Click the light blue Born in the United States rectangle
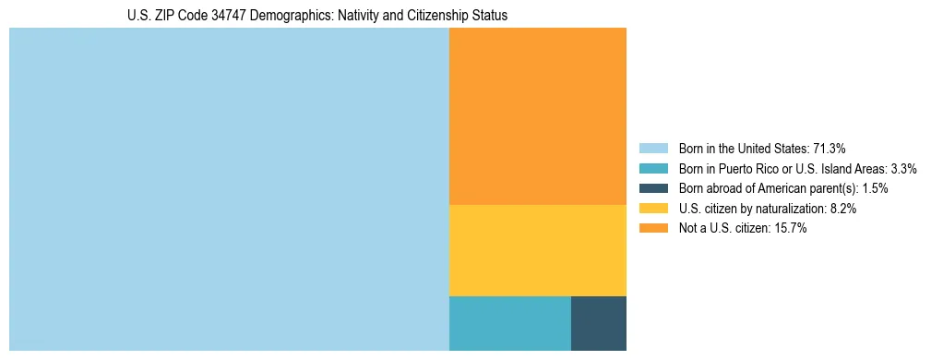(229, 189)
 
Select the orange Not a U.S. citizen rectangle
(537, 115)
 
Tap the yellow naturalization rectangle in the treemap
(537, 250)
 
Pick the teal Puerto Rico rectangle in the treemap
(509, 323)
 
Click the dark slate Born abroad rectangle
(598, 323)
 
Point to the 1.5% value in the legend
(875, 188)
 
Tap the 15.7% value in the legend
(791, 229)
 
